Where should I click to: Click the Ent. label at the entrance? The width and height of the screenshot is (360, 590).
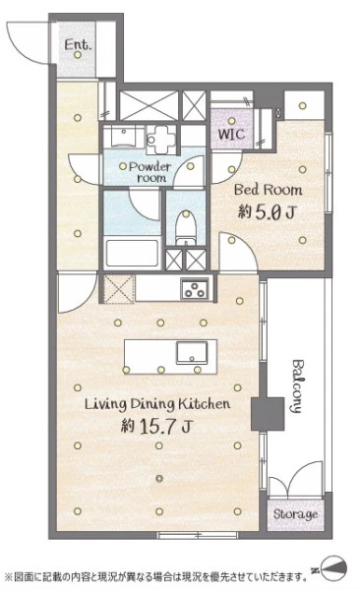tap(78, 45)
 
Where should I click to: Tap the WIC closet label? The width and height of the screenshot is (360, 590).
tap(231, 134)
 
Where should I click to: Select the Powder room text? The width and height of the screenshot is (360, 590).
tap(150, 172)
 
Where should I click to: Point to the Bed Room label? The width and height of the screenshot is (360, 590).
tap(268, 190)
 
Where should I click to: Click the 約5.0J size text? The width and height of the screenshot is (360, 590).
tap(267, 213)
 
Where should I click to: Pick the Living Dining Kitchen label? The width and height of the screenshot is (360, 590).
tap(157, 404)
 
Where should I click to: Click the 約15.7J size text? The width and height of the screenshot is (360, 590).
tap(156, 427)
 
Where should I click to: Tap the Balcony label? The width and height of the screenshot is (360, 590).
tap(297, 386)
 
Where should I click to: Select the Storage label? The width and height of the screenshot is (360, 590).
tap(296, 514)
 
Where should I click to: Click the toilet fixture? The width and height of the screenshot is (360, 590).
tap(186, 227)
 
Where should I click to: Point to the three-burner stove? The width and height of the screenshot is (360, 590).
tap(195, 288)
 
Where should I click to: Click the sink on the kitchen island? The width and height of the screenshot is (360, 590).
tap(192, 353)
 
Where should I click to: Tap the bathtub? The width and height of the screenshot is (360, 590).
tap(132, 253)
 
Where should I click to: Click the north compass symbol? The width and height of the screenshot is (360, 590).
tap(330, 569)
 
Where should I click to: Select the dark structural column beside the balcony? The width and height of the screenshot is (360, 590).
tap(268, 414)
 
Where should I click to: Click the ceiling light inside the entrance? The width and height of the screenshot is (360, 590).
tap(78, 55)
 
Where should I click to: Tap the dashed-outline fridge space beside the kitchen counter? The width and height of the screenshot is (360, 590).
tap(119, 289)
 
